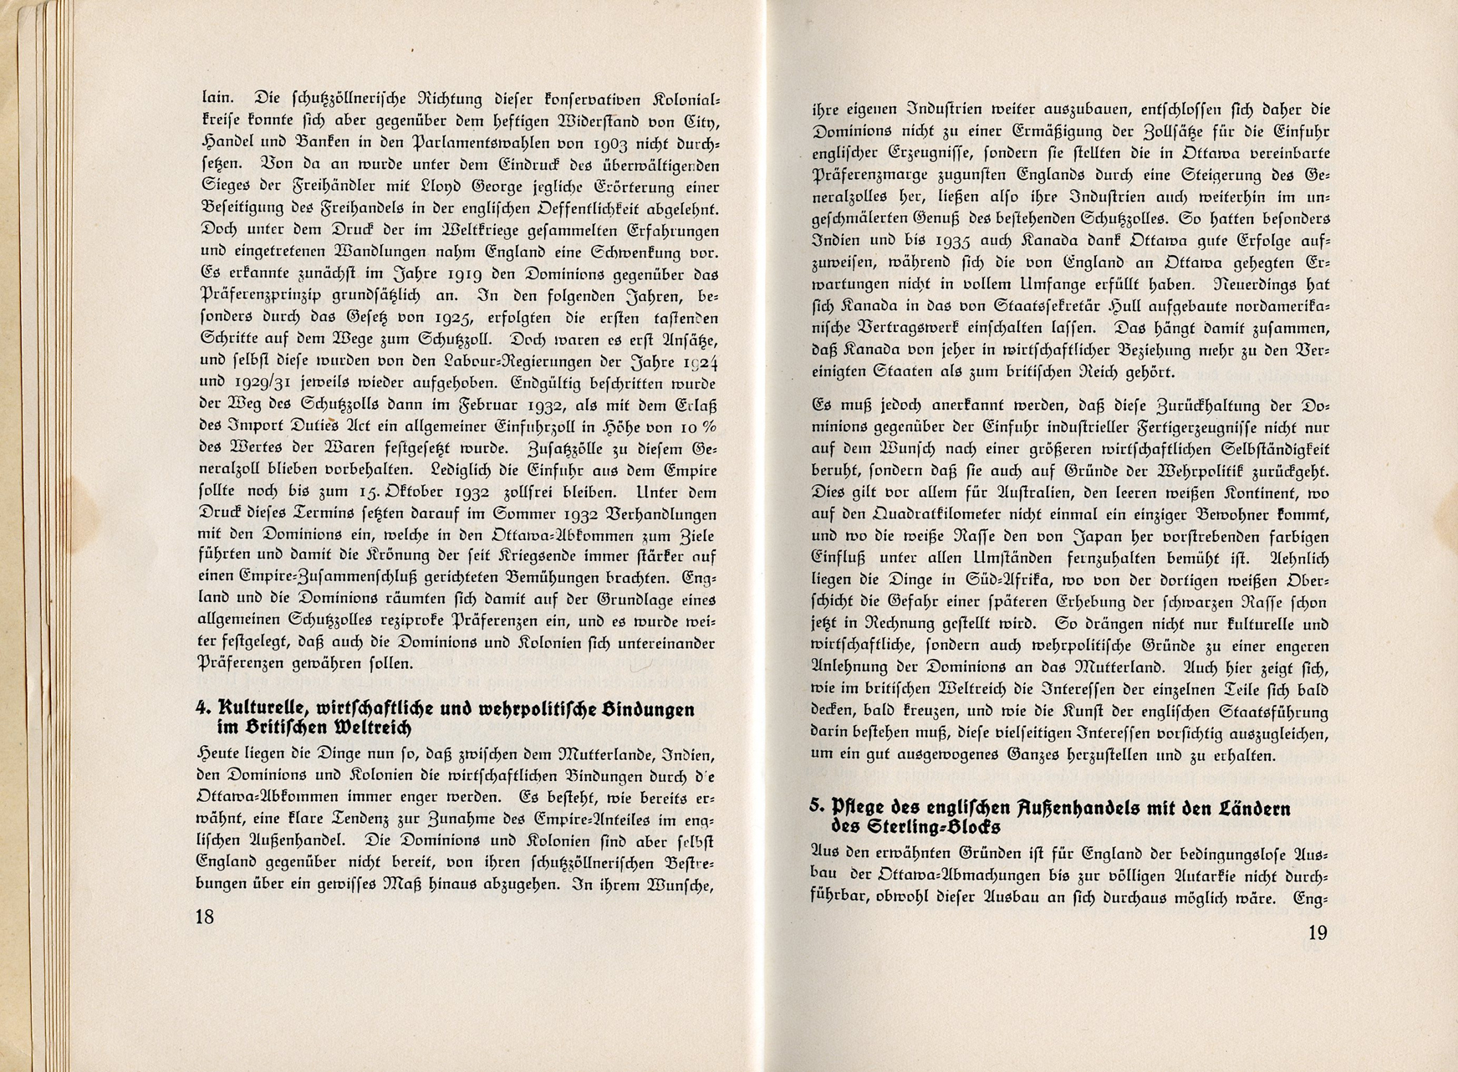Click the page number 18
(205, 916)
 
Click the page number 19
(1317, 932)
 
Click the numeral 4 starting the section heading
(201, 708)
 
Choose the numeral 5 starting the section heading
(815, 807)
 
